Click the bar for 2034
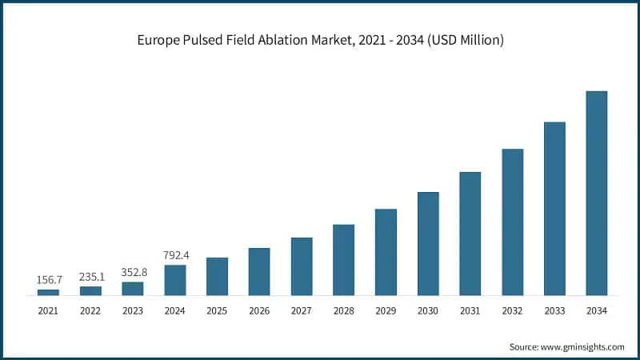596,193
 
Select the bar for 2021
48,292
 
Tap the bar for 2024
174,280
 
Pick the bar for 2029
386,252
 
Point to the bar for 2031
470,234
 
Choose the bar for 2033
554,209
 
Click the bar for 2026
259,271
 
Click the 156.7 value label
48,280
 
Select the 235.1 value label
90,277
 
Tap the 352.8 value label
133,273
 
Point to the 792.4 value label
174,256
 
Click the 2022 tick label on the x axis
90,310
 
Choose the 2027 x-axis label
302,310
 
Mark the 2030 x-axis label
428,310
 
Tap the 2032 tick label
512,310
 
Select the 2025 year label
217,310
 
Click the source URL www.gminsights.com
583,346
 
